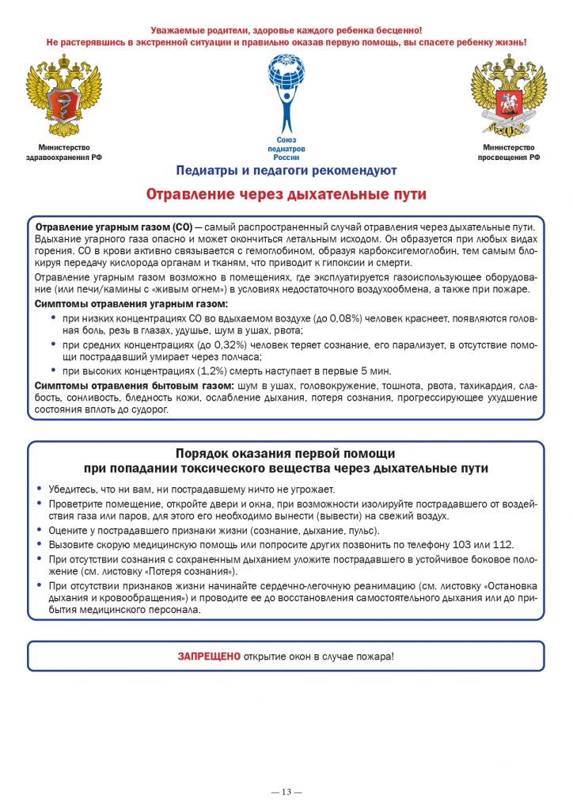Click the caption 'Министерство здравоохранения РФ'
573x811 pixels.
64,152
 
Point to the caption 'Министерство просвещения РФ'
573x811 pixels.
508,152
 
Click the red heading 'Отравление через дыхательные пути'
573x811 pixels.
286,194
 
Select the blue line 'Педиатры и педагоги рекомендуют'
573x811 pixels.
286,170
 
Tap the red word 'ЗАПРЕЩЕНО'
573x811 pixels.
208,657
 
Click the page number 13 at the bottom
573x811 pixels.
286,792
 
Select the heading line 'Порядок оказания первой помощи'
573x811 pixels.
286,454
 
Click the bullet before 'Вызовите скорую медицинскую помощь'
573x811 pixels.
40,545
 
